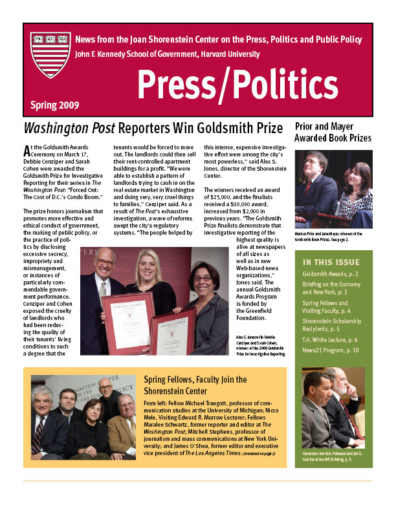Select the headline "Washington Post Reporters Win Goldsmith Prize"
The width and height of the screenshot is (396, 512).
pos(153,127)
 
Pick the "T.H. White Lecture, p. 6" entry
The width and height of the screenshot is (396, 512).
pos(330,339)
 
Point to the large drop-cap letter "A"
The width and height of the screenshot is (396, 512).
pos(26,151)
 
